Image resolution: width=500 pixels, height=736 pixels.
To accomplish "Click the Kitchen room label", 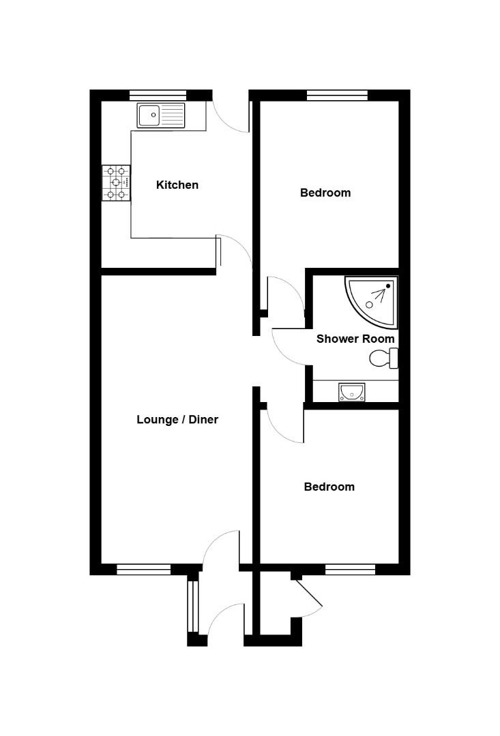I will pyautogui.click(x=177, y=185).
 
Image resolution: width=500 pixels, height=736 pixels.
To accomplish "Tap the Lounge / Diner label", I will pyautogui.click(x=177, y=420).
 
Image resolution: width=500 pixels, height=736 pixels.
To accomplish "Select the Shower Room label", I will pyautogui.click(x=355, y=339).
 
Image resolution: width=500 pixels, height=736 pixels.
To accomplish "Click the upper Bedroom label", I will pyautogui.click(x=325, y=193).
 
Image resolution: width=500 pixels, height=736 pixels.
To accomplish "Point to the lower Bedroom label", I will pyautogui.click(x=329, y=487).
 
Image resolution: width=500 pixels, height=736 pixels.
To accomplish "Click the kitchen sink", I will pyautogui.click(x=161, y=115).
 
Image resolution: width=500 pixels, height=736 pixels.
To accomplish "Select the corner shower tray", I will pyautogui.click(x=372, y=297).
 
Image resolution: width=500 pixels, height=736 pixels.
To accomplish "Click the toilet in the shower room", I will pyautogui.click(x=384, y=358).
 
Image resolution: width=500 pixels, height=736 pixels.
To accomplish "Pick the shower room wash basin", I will pyautogui.click(x=352, y=392).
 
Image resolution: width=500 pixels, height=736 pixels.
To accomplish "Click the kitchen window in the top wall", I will pyautogui.click(x=158, y=95).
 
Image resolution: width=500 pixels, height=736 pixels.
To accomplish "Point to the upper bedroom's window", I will pyautogui.click(x=337, y=95).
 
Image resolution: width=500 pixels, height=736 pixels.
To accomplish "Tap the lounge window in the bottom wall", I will pyautogui.click(x=143, y=569).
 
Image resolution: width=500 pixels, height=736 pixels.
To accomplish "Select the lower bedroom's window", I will pyautogui.click(x=350, y=569).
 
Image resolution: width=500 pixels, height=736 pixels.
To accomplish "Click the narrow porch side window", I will pyautogui.click(x=193, y=606).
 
